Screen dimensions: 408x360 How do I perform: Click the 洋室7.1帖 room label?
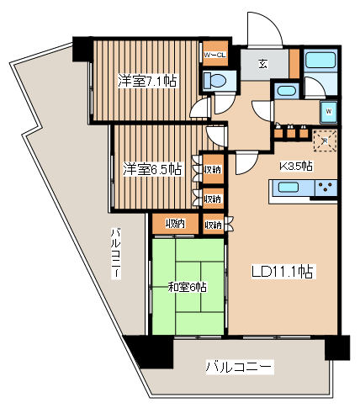pos(146,82)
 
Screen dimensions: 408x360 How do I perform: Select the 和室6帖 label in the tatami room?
pos(188,287)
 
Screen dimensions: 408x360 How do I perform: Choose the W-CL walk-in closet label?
pos(215,56)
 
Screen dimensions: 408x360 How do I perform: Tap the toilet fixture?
pos(215,81)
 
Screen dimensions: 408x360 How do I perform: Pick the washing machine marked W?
pos(329,111)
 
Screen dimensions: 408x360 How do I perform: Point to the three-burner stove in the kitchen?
pos(324,188)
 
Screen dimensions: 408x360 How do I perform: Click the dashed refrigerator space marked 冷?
pos(324,141)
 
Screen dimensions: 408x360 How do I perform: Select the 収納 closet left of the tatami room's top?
pos(175,224)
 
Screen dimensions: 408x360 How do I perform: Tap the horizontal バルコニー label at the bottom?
pos(240,367)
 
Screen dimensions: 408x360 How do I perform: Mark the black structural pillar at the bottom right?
pos(336,347)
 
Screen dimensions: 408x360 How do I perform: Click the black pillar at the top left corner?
pos(82,47)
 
